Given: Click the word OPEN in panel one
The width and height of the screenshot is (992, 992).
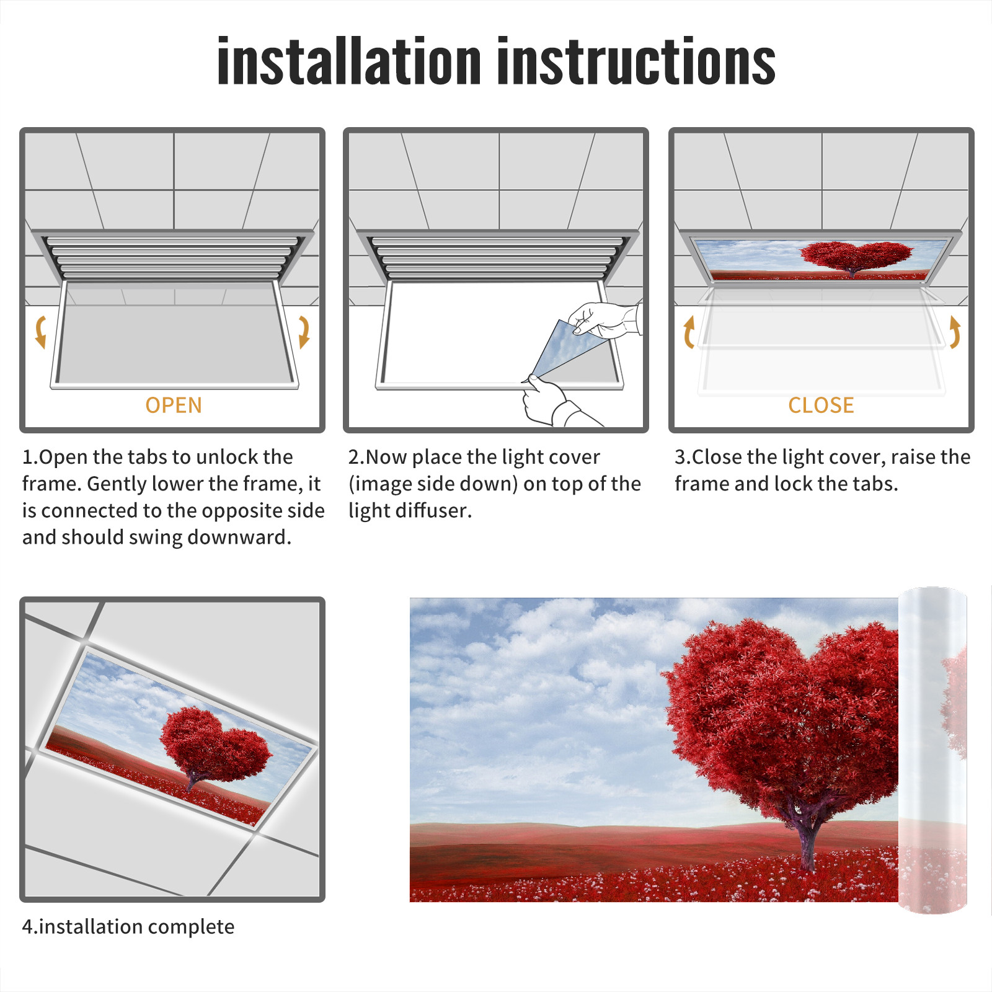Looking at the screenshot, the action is click(174, 405).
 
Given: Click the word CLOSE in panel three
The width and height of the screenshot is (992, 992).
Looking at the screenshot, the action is click(821, 405).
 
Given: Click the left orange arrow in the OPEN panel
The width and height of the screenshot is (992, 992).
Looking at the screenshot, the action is click(40, 332).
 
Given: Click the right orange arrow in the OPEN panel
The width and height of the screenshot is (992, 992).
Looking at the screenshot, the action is click(304, 332).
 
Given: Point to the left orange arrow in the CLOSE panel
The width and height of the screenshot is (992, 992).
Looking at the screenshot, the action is click(689, 332).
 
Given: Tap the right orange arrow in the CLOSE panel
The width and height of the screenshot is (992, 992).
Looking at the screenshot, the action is click(955, 332).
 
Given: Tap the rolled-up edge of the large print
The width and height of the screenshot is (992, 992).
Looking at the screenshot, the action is click(932, 750).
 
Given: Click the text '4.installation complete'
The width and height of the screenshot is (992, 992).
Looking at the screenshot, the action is click(128, 927).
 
